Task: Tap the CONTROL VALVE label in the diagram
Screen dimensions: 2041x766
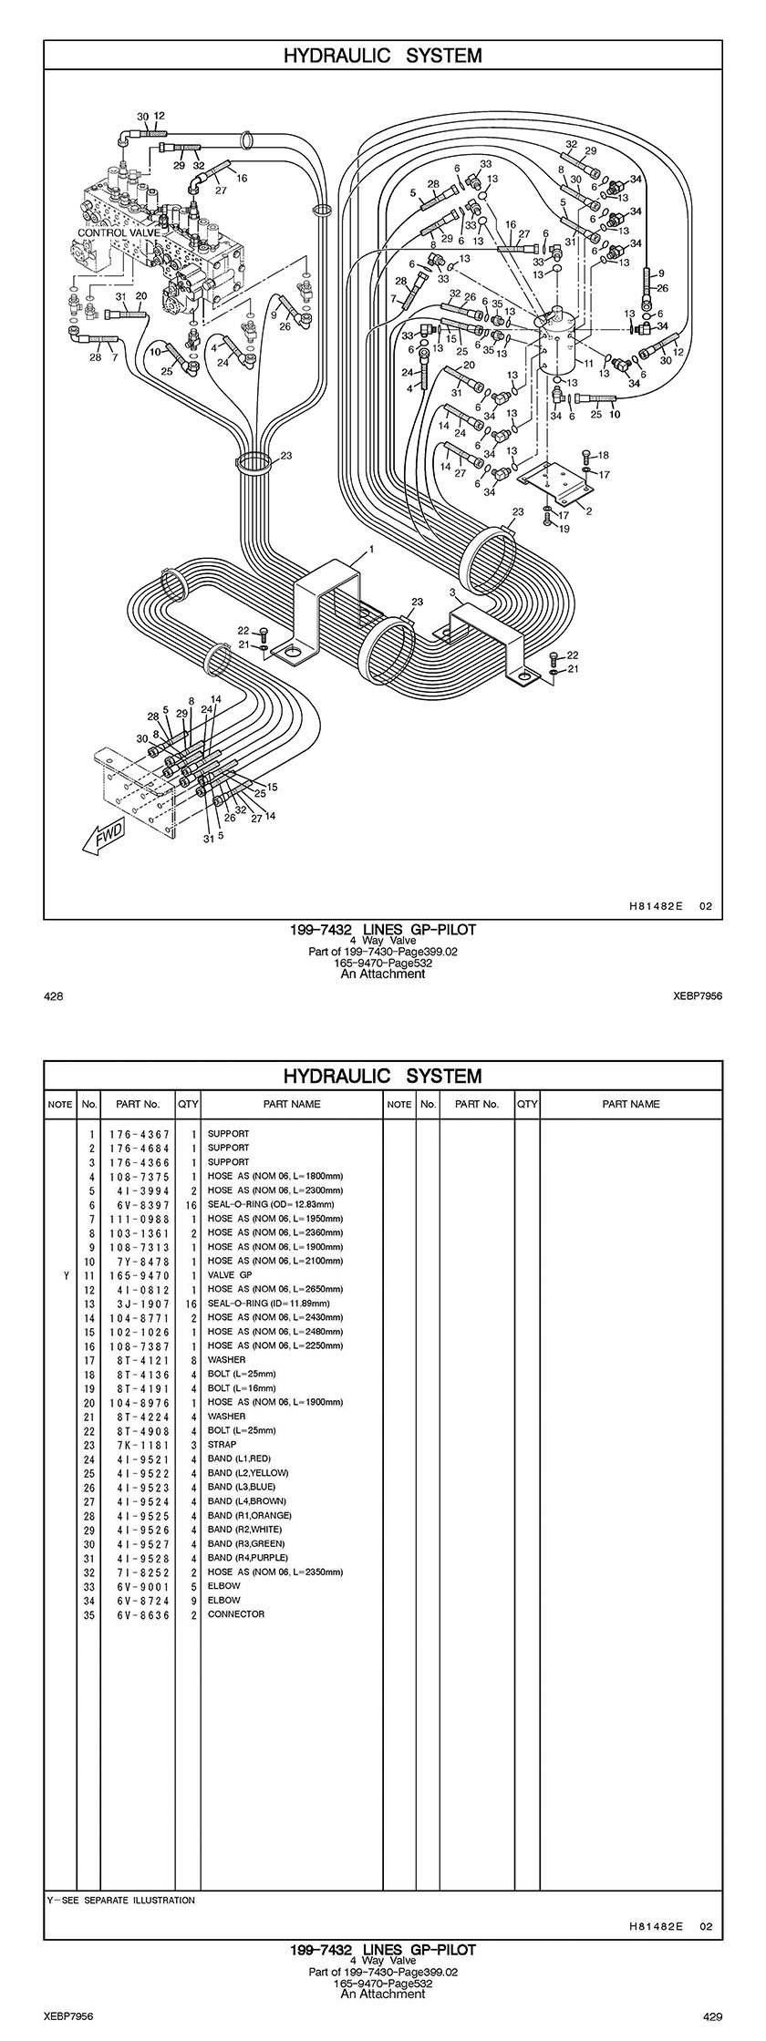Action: tap(119, 232)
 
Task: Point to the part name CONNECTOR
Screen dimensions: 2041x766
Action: tap(236, 1613)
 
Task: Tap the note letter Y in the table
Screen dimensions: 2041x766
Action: tap(66, 1275)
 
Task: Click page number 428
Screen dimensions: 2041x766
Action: tap(53, 997)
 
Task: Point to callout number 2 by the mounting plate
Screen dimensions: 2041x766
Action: tap(588, 511)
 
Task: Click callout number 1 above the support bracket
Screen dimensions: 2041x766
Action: tap(372, 549)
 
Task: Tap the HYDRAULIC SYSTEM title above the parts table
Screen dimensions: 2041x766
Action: tap(382, 1076)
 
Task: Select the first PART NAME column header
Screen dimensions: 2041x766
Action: tap(292, 1104)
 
